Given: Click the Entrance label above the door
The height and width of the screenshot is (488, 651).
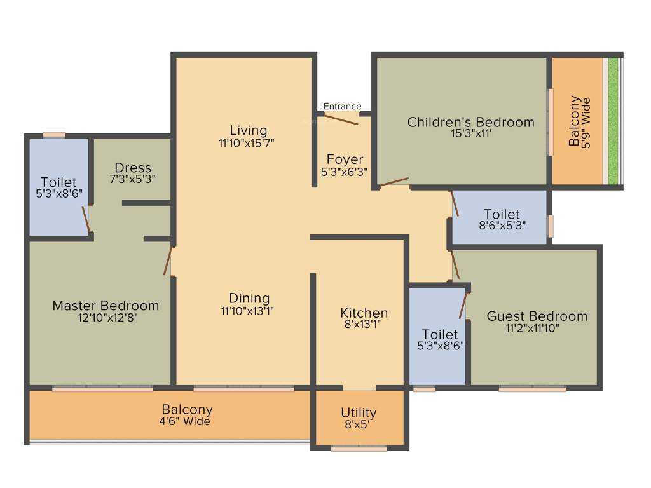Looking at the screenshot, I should point(342,106).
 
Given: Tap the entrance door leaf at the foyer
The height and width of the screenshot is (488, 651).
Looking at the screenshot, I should point(342,119).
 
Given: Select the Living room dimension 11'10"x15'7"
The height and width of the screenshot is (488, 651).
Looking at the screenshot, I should point(246,144).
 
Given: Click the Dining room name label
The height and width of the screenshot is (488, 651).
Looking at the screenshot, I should point(249,298).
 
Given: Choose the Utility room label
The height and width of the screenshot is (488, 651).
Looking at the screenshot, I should point(359,412).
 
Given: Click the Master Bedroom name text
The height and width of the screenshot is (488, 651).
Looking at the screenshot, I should point(106,306).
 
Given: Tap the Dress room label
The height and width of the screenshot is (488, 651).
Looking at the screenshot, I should point(133,168).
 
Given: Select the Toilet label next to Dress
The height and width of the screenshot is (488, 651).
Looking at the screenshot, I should point(58,182).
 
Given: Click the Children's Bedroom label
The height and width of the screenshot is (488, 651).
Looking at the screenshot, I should point(470,122).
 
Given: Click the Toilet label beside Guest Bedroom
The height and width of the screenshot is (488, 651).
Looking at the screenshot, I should point(440,334).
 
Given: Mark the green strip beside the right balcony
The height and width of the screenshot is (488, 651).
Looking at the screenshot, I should point(613,121).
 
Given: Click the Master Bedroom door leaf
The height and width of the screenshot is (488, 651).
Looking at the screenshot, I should point(168,261).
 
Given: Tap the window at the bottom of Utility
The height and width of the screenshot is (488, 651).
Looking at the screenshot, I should point(359,449).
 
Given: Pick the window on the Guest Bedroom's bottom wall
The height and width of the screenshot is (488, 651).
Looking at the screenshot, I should point(532,388).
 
